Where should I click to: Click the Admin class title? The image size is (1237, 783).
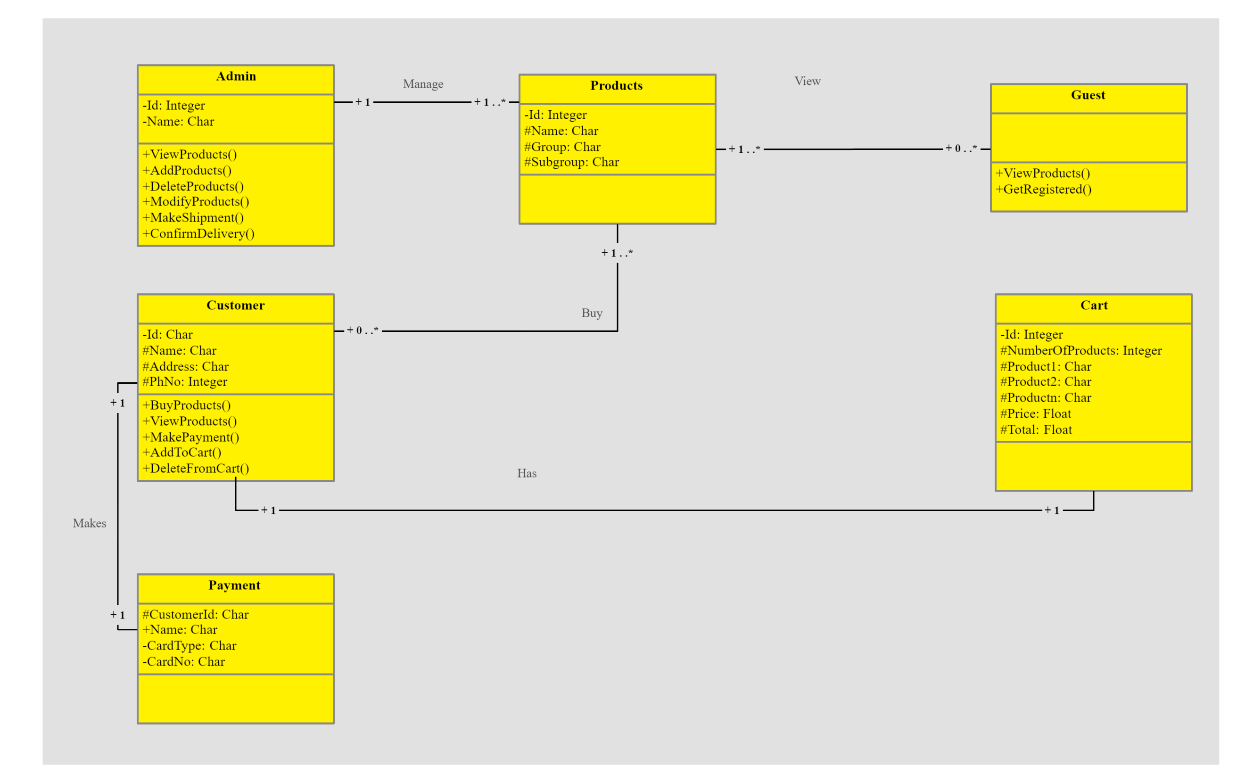tap(236, 76)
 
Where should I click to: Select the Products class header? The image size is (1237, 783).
tap(616, 86)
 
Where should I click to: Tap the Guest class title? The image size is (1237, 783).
tap(1088, 95)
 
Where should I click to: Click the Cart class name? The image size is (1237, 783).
tap(1093, 305)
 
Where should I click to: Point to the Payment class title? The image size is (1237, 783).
tap(234, 585)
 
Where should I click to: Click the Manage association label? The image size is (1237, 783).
tap(423, 84)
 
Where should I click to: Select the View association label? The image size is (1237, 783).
tap(807, 81)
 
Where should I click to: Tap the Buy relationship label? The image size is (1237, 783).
tap(591, 313)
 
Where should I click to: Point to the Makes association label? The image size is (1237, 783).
tap(90, 524)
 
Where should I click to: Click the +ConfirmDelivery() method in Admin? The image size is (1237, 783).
tap(198, 234)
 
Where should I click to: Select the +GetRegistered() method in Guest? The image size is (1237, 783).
tap(1043, 190)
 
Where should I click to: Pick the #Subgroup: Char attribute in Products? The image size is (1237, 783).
tap(571, 162)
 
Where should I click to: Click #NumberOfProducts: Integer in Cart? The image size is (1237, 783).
tap(1080, 351)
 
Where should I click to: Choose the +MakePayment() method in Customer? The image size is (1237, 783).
tap(190, 437)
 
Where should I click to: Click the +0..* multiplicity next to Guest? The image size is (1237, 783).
tap(961, 149)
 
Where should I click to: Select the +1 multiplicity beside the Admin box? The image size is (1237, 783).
tap(363, 102)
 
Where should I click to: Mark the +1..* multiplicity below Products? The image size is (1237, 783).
tap(617, 253)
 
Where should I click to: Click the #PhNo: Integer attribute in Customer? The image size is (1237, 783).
tap(184, 382)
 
